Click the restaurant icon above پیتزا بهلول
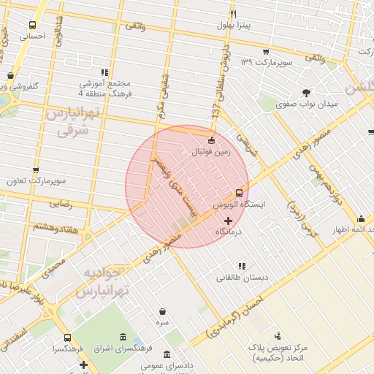tap(234, 14)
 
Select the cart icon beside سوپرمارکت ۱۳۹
tap(265, 52)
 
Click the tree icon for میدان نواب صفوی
tap(305, 93)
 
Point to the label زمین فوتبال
tap(210, 153)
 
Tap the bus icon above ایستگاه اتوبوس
tap(239, 194)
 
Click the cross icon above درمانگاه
tap(229, 220)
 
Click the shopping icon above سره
tap(161, 310)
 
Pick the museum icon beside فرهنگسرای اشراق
tap(121, 337)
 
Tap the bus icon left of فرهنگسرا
tap(67, 338)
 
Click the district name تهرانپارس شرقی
tap(72, 121)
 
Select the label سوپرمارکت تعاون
tap(40, 180)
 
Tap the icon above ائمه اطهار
tap(361, 218)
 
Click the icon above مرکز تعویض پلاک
tap(277, 336)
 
